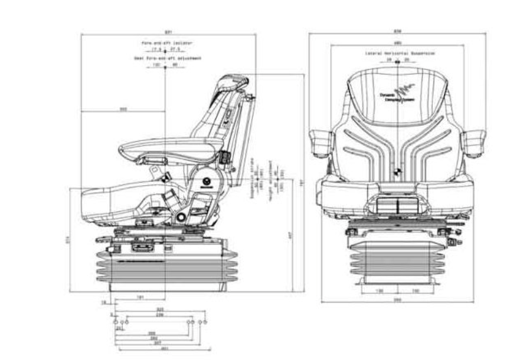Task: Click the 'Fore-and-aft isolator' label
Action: [x=166, y=43]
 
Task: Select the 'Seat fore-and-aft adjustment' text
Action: [x=167, y=58]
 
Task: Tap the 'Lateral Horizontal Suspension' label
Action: [x=400, y=54]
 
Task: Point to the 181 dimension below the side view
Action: [x=141, y=296]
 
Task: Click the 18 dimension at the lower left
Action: [x=104, y=303]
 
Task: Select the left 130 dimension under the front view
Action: [x=379, y=290]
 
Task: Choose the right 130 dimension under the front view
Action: [x=416, y=290]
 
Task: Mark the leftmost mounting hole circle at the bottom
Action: [x=115, y=322]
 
